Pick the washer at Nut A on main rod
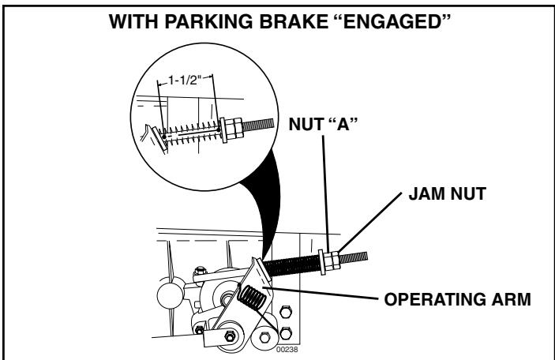(323, 261)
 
